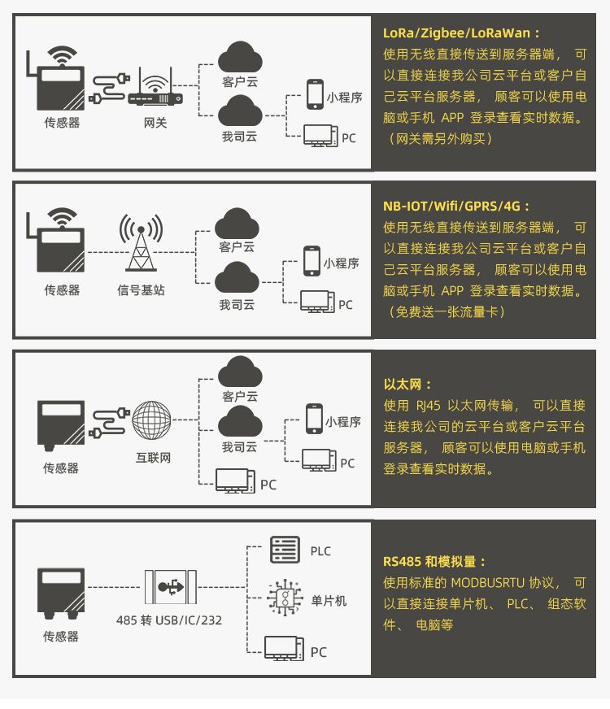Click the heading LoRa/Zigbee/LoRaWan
pyautogui.click(x=461, y=33)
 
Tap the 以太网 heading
pyautogui.click(x=407, y=384)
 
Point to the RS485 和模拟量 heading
pyautogui.click(x=435, y=561)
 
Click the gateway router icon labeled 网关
pyautogui.click(x=155, y=89)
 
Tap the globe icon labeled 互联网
pyautogui.click(x=152, y=421)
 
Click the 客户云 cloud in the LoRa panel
pyautogui.click(x=240, y=57)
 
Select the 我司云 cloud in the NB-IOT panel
pyautogui.click(x=237, y=279)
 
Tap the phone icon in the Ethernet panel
pyautogui.click(x=314, y=419)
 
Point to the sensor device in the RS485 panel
pyautogui.click(x=61, y=590)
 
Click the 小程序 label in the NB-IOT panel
pyautogui.click(x=341, y=263)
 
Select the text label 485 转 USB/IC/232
pyautogui.click(x=169, y=620)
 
